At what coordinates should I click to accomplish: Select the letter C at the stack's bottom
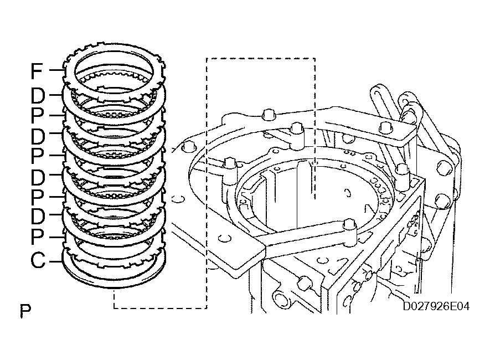(x=38, y=260)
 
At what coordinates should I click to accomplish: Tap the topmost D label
(x=37, y=96)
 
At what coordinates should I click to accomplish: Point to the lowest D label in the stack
(x=37, y=216)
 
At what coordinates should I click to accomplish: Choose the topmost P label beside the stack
(x=37, y=116)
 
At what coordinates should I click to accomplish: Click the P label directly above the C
(x=37, y=237)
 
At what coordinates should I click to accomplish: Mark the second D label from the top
(x=37, y=136)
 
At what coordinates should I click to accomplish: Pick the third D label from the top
(x=37, y=177)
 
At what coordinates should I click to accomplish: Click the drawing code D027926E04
(x=436, y=306)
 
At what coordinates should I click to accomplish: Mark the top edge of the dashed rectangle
(x=260, y=58)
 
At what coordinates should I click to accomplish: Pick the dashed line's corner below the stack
(x=114, y=307)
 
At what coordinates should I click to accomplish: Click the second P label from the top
(x=37, y=156)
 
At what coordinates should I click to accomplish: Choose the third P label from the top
(x=37, y=197)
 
